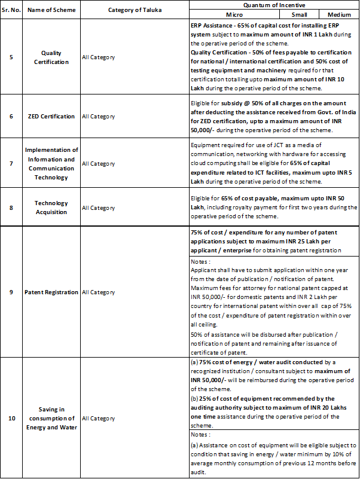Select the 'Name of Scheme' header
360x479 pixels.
coord(51,10)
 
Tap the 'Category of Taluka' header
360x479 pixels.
coord(134,10)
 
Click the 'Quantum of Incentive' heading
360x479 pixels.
coord(274,5)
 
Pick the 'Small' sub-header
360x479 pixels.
coord(300,14)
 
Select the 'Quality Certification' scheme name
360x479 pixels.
coord(51,57)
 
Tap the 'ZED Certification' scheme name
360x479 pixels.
coord(51,117)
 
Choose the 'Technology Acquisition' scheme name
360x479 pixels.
coord(51,208)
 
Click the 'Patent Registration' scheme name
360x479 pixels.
coord(51,292)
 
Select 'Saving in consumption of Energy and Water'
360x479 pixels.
coord(51,418)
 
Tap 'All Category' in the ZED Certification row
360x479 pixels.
coord(99,117)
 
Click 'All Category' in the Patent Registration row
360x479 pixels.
coord(99,292)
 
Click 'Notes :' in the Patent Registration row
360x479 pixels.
coord(202,261)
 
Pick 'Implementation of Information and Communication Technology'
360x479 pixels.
coord(51,163)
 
